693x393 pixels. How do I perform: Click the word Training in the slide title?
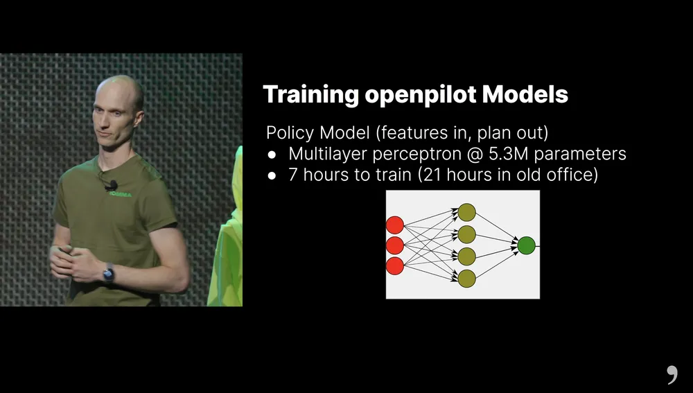click(x=310, y=95)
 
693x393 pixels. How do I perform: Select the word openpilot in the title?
click(x=421, y=95)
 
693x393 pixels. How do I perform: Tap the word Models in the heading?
click(x=525, y=94)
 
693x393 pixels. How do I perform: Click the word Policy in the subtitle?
click(x=290, y=133)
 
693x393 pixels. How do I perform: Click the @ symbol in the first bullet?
click(x=475, y=155)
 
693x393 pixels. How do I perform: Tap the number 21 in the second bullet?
click(x=432, y=175)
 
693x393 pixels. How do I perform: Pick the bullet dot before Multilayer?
click(x=272, y=155)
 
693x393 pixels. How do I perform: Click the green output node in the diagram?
click(x=526, y=245)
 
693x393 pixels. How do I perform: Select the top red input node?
click(x=395, y=225)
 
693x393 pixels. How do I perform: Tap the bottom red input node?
click(x=395, y=266)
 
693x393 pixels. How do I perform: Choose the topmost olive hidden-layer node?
click(x=466, y=212)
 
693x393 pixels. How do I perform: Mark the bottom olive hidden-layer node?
click(x=466, y=279)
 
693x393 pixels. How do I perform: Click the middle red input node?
click(x=395, y=245)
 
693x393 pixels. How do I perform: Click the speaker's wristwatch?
click(x=108, y=273)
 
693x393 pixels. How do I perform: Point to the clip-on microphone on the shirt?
click(x=112, y=185)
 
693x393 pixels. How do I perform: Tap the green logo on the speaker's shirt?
click(x=120, y=194)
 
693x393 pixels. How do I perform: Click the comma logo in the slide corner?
click(x=672, y=375)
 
